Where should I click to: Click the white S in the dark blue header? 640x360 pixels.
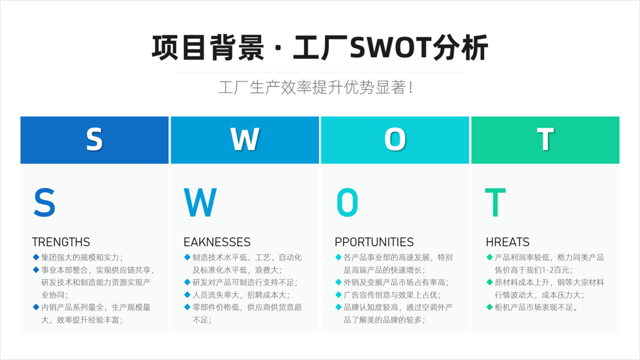tap(94, 139)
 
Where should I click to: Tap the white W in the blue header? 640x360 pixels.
tap(245, 139)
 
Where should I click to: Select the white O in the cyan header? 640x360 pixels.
tap(395, 139)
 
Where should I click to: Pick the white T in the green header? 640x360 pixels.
tap(546, 139)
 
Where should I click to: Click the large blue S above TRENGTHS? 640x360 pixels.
tap(44, 202)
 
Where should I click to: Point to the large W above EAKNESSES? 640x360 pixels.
tap(200, 202)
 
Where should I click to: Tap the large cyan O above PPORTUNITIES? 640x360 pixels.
tap(347, 202)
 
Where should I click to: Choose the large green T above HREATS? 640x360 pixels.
tap(495, 202)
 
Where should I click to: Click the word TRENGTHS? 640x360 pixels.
tap(61, 242)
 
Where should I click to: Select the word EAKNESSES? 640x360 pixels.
tap(217, 242)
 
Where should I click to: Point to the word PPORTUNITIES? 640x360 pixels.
tap(374, 242)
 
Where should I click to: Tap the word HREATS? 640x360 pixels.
tap(508, 242)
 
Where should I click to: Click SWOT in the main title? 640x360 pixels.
tap(391, 47)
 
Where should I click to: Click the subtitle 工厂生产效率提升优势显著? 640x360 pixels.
tap(315, 87)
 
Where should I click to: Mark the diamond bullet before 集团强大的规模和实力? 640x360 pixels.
tap(36, 257)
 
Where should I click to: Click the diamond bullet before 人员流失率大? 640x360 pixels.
tap(187, 294)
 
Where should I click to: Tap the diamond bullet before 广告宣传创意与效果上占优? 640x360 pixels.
tap(338, 294)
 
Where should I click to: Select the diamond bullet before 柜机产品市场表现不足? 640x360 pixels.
tap(489, 307)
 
